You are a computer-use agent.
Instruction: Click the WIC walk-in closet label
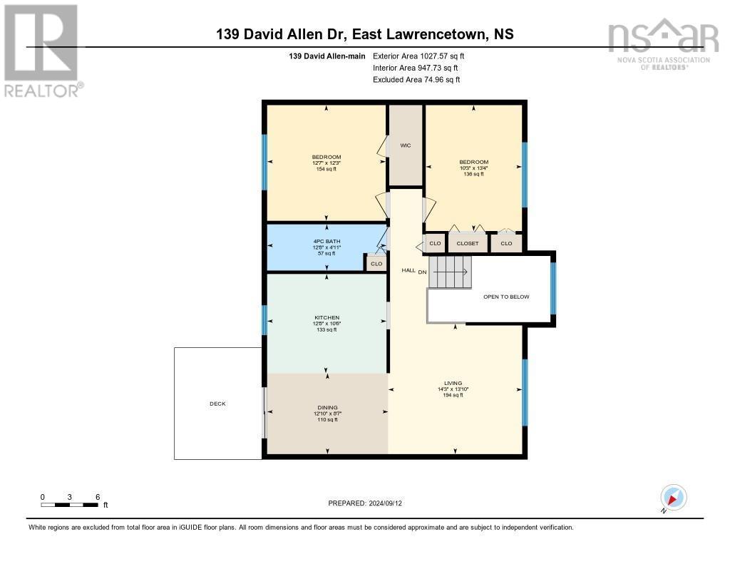pos(405,145)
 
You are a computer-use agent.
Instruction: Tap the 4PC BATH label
pos(327,242)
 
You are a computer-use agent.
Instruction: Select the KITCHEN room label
pos(327,318)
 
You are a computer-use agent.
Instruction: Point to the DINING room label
pos(327,407)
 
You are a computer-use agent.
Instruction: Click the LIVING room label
pos(453,384)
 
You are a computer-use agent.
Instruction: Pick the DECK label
pos(217,404)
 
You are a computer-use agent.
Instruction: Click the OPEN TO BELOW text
pos(506,297)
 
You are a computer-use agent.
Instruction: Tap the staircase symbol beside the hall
pos(450,272)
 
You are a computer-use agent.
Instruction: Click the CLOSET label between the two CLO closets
pos(468,244)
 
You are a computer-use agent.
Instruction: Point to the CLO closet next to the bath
pos(376,264)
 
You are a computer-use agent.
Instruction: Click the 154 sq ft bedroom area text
pos(327,169)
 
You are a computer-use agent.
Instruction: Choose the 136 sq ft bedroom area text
pos(473,174)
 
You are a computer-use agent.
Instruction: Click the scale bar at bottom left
pos(70,505)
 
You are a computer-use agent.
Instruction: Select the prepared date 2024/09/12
pos(369,503)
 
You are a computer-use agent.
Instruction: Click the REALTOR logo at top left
pos(41,50)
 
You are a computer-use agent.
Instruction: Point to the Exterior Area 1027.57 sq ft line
pos(418,56)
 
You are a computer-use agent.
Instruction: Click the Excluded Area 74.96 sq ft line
pos(416,80)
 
